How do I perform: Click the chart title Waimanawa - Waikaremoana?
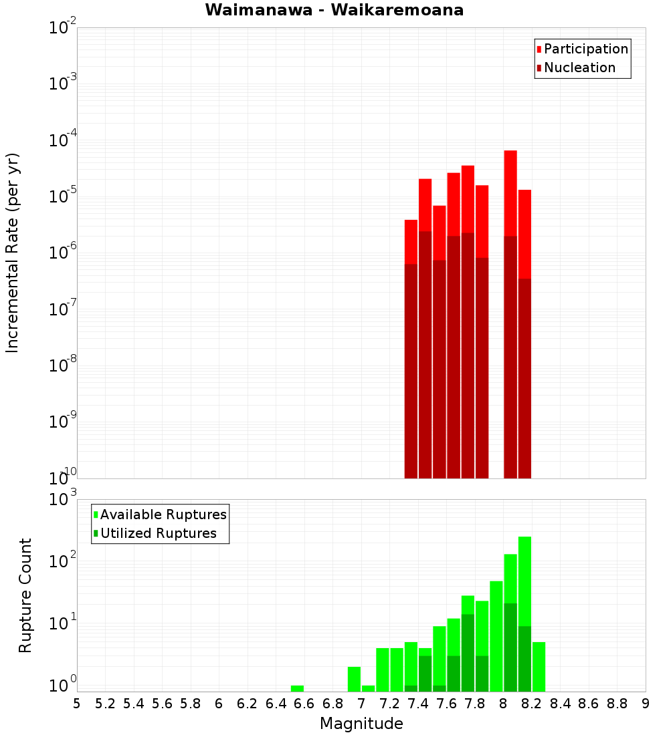tap(334, 11)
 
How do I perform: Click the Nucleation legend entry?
tap(579, 68)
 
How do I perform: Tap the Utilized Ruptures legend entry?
tap(158, 534)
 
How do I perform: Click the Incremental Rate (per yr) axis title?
tap(13, 253)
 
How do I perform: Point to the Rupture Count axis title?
tap(25, 595)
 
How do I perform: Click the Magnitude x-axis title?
tap(361, 724)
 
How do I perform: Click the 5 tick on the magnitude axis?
tap(77, 704)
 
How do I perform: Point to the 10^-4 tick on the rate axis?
tap(63, 140)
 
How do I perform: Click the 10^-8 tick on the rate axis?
tap(63, 365)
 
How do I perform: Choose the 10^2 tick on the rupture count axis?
tap(63, 561)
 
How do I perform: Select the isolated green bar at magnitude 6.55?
tap(297, 688)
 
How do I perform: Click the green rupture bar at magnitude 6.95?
tap(354, 679)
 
